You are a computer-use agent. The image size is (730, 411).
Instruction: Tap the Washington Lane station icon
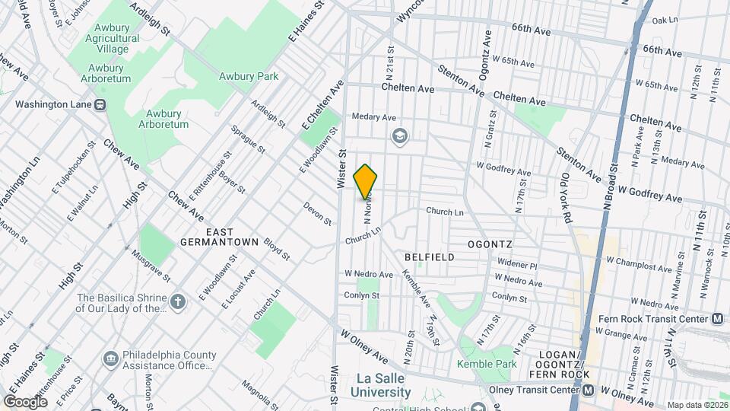[x=100, y=104]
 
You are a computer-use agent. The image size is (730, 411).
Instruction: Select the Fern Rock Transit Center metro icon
[x=716, y=319]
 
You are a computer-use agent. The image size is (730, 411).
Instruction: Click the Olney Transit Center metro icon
[x=588, y=390]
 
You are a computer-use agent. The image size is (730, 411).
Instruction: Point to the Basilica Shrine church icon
[x=178, y=302]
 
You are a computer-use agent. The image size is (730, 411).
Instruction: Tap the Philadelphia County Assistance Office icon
[x=111, y=358]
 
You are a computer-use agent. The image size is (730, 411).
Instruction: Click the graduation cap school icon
[x=398, y=136]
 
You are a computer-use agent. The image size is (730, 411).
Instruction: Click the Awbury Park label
[x=249, y=76]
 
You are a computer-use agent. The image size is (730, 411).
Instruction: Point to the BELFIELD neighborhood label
[x=430, y=257]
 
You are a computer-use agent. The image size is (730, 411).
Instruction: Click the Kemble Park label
[x=487, y=365]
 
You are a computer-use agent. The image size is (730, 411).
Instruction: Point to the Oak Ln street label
[x=664, y=21]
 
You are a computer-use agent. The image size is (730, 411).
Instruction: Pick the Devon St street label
[x=318, y=213]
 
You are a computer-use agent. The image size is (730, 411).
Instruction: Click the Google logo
[x=25, y=401]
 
